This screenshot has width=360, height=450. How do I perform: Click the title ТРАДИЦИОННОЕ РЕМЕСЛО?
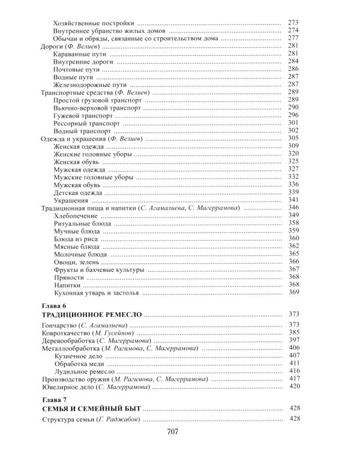(x=91, y=314)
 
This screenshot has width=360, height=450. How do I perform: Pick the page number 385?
(x=293, y=332)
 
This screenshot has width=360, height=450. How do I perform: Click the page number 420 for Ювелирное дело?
(x=293, y=387)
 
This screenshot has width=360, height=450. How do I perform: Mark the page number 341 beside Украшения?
(x=293, y=200)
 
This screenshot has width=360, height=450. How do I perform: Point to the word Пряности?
(x=68, y=278)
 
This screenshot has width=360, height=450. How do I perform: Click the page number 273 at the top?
(x=293, y=22)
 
